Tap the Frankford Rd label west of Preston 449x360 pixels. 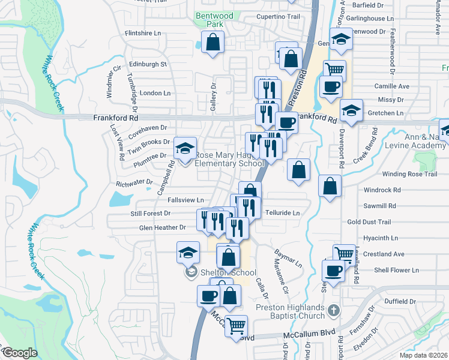click(116, 119)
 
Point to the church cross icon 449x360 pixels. click(335, 311)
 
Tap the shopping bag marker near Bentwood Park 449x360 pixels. click(213, 42)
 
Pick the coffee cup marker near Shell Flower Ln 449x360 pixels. click(333, 270)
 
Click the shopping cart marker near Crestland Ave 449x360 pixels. click(345, 254)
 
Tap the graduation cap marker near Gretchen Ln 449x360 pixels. click(351, 110)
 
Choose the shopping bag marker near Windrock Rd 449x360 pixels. click(330, 185)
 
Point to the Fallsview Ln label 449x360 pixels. click(185, 200)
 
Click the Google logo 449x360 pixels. click(19, 353)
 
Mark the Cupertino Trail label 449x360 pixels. click(277, 17)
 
